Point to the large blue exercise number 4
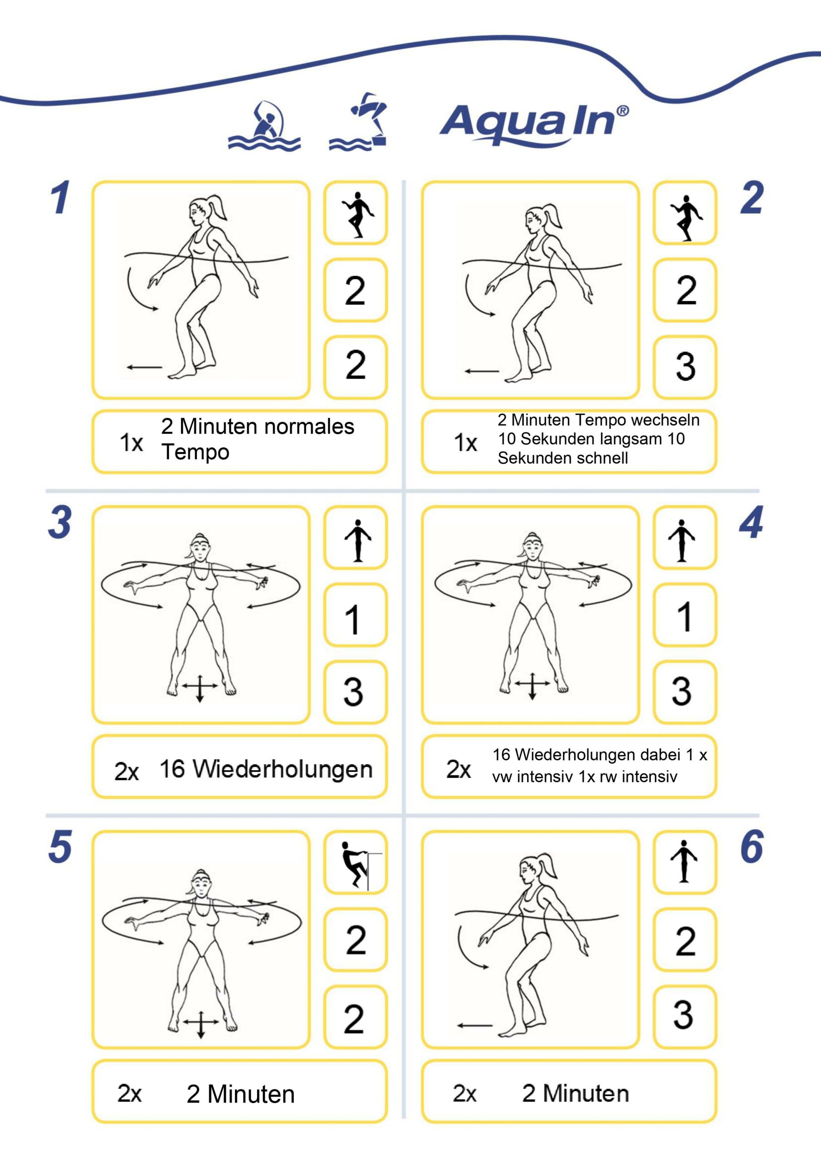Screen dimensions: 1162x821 (x=751, y=522)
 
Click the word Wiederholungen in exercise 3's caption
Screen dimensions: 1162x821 (x=283, y=769)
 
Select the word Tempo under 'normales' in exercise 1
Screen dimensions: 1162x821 (x=195, y=452)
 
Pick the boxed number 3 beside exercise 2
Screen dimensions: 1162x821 (x=685, y=366)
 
